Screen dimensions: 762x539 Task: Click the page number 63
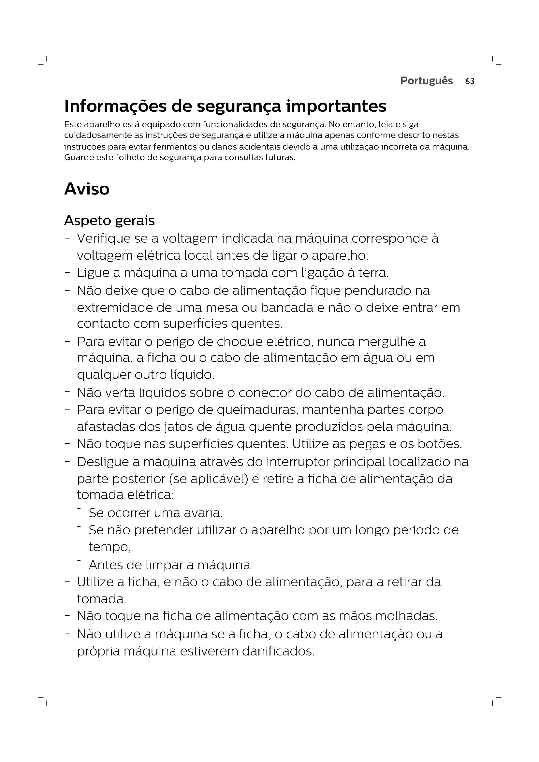(x=470, y=81)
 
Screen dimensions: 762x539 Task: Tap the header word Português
(x=427, y=81)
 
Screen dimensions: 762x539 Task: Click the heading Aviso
(x=87, y=189)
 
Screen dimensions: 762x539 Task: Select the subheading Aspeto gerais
(x=109, y=221)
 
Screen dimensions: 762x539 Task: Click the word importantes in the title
(x=336, y=106)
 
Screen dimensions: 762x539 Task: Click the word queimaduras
(x=257, y=410)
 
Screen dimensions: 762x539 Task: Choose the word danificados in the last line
(x=278, y=651)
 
